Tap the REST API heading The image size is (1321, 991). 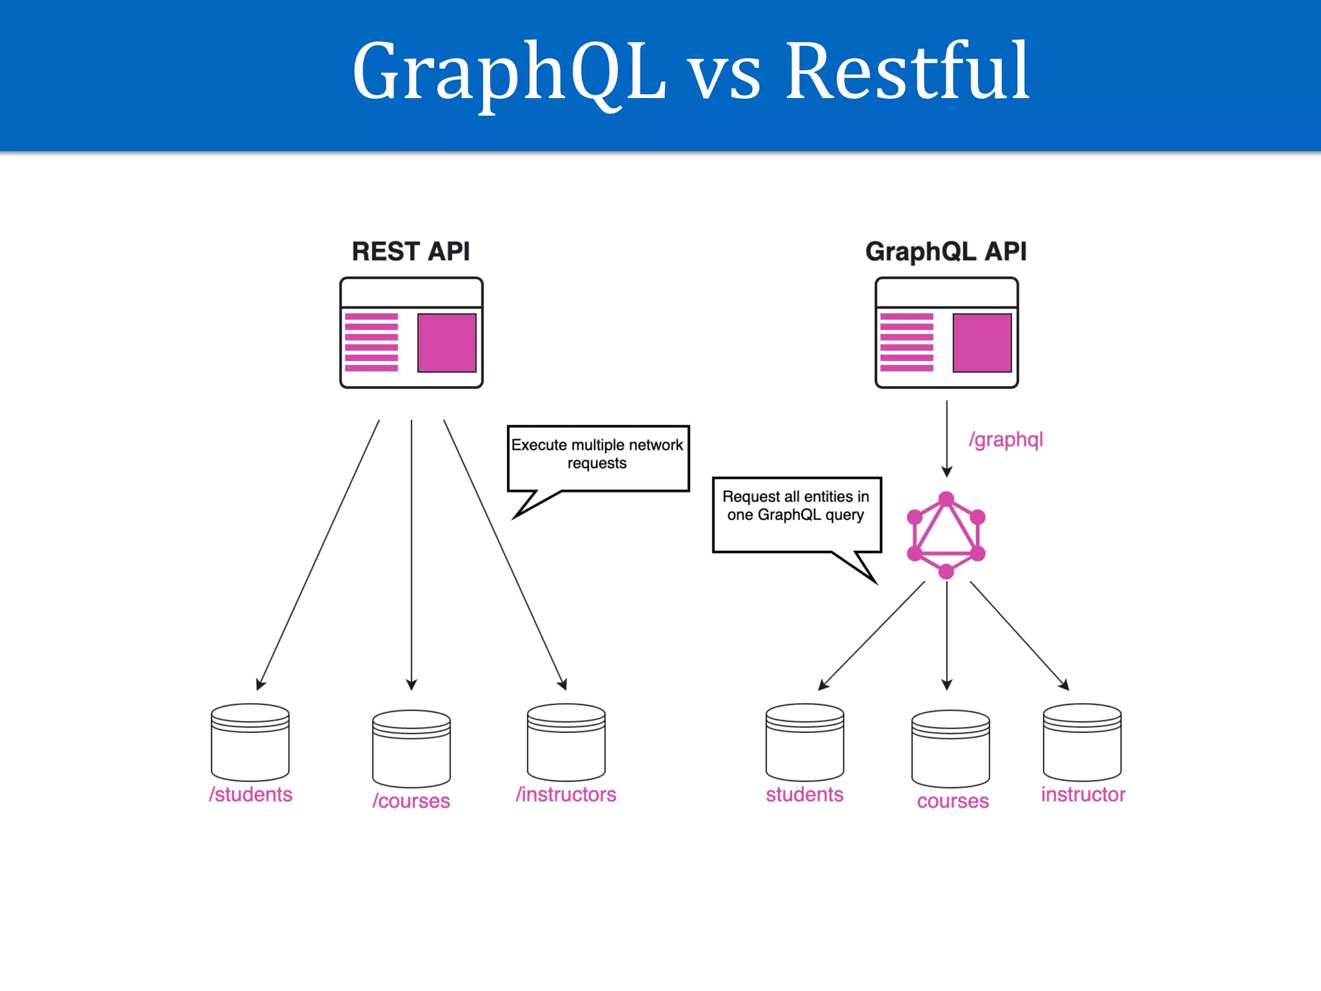(x=411, y=251)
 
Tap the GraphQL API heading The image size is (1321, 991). (x=946, y=251)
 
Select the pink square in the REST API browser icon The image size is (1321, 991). (x=446, y=343)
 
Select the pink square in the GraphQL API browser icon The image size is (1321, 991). (x=982, y=343)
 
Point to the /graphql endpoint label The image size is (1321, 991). (x=1006, y=440)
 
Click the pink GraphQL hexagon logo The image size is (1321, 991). (x=946, y=535)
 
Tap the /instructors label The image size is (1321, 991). (x=566, y=794)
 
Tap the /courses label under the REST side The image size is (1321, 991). (x=411, y=801)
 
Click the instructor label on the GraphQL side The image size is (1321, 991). (x=1083, y=794)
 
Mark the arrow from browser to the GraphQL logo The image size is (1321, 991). (x=946, y=439)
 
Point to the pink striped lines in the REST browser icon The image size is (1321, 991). (x=372, y=343)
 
